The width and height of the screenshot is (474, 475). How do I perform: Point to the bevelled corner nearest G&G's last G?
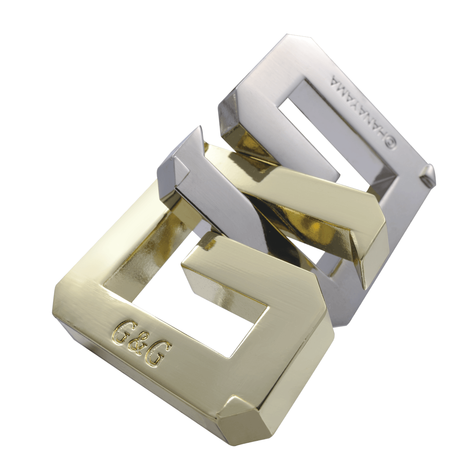pos(237,406)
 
